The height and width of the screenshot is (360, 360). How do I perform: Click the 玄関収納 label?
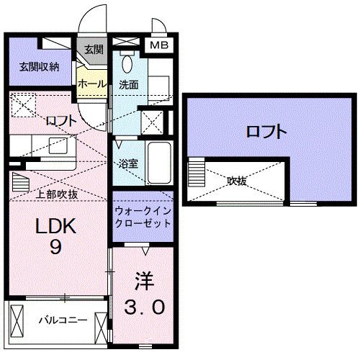pos(39,67)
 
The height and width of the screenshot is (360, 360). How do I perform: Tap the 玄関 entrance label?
pos(94,50)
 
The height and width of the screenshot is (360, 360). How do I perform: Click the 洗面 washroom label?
pos(130,85)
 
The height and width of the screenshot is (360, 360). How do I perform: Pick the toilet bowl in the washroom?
pos(127,63)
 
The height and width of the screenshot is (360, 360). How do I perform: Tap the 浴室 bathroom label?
pos(128,163)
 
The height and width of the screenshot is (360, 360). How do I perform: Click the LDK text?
pos(55,226)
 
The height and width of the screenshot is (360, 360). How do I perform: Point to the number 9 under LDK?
pos(55,247)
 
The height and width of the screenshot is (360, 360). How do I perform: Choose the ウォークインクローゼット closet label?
pos(143,215)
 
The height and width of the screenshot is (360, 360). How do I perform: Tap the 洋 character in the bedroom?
pos(140,276)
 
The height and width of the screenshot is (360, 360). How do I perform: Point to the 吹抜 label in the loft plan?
pos(237,181)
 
